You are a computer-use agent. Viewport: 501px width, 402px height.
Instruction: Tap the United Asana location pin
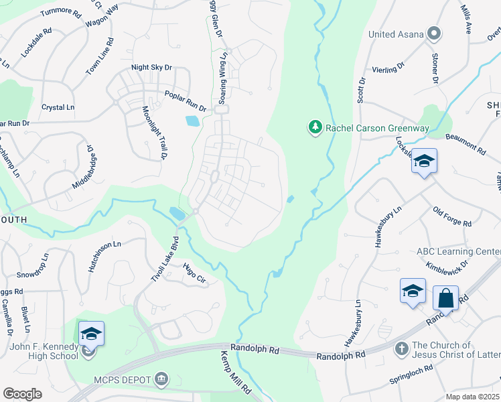tap(435, 33)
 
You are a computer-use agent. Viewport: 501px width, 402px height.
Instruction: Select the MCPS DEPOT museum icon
tap(161, 380)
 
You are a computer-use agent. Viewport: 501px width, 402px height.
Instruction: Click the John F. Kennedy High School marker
tap(91, 334)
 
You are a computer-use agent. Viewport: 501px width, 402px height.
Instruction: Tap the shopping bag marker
tap(445, 297)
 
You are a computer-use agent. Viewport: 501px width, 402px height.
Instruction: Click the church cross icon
tap(401, 348)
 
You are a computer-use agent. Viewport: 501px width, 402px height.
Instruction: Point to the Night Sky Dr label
tap(152, 67)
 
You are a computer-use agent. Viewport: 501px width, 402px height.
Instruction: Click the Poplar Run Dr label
tap(182, 100)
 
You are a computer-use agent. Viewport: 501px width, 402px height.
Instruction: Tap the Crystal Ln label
tap(58, 107)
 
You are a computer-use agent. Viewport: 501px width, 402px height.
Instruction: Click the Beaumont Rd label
tap(464, 143)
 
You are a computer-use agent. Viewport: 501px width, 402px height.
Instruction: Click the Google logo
tap(22, 394)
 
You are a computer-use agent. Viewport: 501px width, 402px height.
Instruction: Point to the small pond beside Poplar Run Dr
tap(192, 121)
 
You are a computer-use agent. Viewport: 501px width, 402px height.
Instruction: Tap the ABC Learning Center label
tap(458, 252)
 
